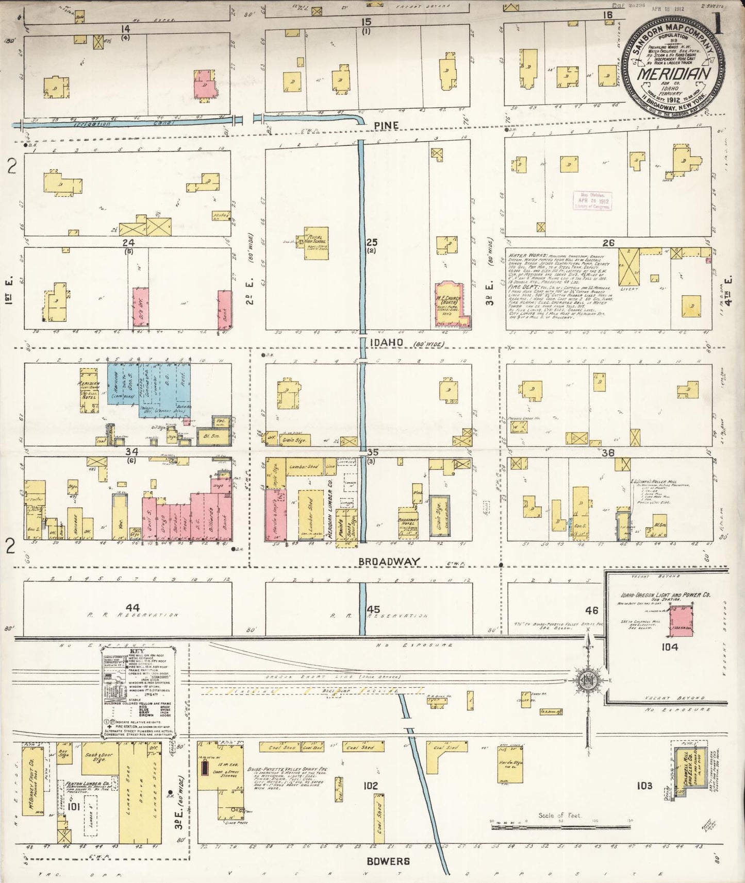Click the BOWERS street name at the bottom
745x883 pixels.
pos(395,861)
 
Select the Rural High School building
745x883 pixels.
pos(316,243)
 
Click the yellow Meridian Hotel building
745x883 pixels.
pos(89,390)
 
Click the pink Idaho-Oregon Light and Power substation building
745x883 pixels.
pos(681,621)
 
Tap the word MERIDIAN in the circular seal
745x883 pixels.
pos(672,73)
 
